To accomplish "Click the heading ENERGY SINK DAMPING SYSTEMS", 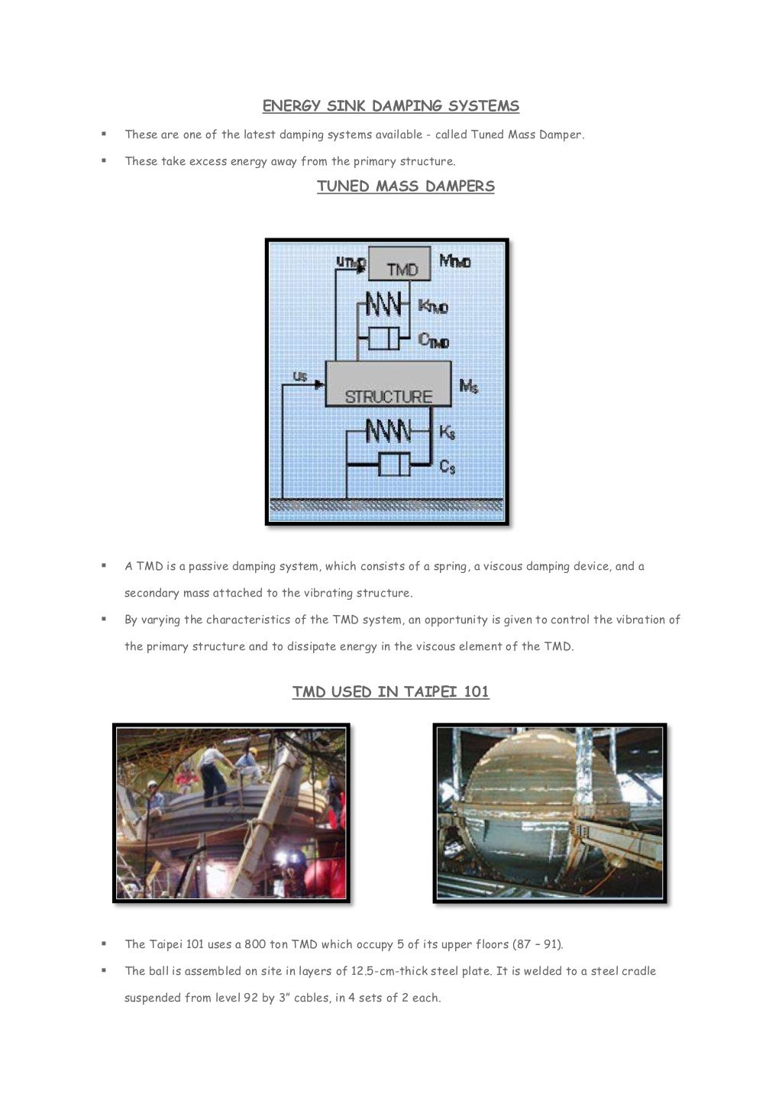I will (390, 106).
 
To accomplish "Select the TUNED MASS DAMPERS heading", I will (406, 186).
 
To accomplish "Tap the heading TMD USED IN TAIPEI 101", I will (390, 692).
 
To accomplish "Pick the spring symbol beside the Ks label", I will (387, 431).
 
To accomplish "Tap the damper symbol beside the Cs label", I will (394, 464).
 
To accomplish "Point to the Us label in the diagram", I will (300, 376).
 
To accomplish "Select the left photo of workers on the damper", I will (231, 813).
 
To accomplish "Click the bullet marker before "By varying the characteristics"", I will (103, 619).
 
